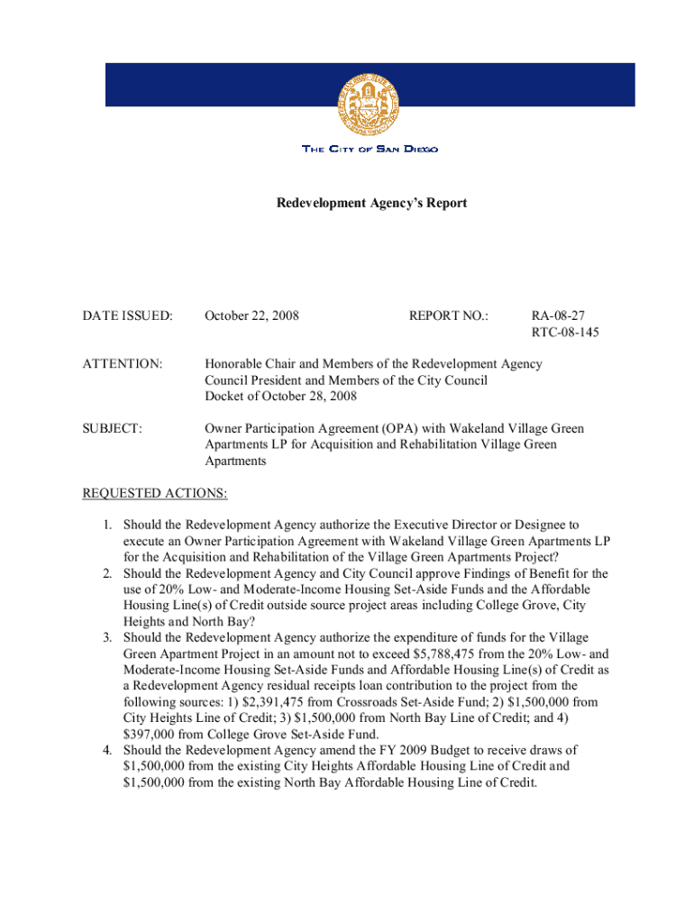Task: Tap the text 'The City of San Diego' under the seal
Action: click(370, 149)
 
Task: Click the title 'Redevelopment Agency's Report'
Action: click(371, 204)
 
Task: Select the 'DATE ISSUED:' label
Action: click(127, 316)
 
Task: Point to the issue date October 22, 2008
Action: click(251, 316)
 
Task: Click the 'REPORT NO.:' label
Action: click(448, 316)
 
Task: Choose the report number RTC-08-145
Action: click(565, 333)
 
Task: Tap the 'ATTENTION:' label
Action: click(123, 364)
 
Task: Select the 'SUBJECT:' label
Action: click(112, 428)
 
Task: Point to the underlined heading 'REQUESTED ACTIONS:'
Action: click(155, 493)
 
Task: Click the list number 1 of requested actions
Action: click(105, 525)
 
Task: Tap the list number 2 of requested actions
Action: click(105, 573)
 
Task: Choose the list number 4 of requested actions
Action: click(105, 751)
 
